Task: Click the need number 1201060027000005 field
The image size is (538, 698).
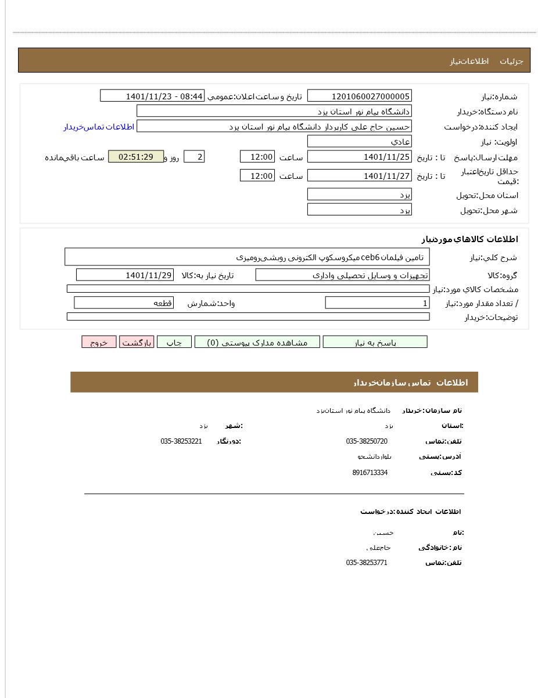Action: pyautogui.click(x=359, y=96)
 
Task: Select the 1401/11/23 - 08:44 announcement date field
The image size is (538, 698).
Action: pyautogui.click(x=152, y=96)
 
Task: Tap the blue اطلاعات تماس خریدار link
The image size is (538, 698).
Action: pyautogui.click(x=99, y=127)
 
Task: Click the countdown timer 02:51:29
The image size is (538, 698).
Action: pyautogui.click(x=136, y=157)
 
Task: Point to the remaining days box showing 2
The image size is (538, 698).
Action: pyautogui.click(x=194, y=157)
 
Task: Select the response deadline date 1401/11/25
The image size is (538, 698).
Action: pyautogui.click(x=359, y=157)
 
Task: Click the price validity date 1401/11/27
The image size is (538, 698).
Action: pyautogui.click(x=359, y=175)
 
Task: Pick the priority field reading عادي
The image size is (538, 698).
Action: pyautogui.click(x=359, y=141)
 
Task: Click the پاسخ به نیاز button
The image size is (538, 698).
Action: pyautogui.click(x=375, y=342)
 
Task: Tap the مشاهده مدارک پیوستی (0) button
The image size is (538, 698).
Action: pyautogui.click(x=257, y=342)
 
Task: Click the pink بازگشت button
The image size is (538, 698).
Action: pyautogui.click(x=137, y=342)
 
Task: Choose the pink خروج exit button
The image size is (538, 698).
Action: pyautogui.click(x=99, y=342)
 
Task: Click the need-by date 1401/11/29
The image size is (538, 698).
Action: pyautogui.click(x=125, y=275)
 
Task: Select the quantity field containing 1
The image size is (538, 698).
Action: pyautogui.click(x=378, y=303)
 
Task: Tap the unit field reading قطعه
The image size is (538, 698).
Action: pyautogui.click(x=124, y=303)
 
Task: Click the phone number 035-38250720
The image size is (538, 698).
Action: pyautogui.click(x=367, y=441)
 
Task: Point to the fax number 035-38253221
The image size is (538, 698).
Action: pyautogui.click(x=181, y=441)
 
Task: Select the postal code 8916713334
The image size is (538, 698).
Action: pyautogui.click(x=370, y=473)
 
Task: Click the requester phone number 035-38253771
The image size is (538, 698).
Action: pyautogui.click(x=367, y=563)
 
